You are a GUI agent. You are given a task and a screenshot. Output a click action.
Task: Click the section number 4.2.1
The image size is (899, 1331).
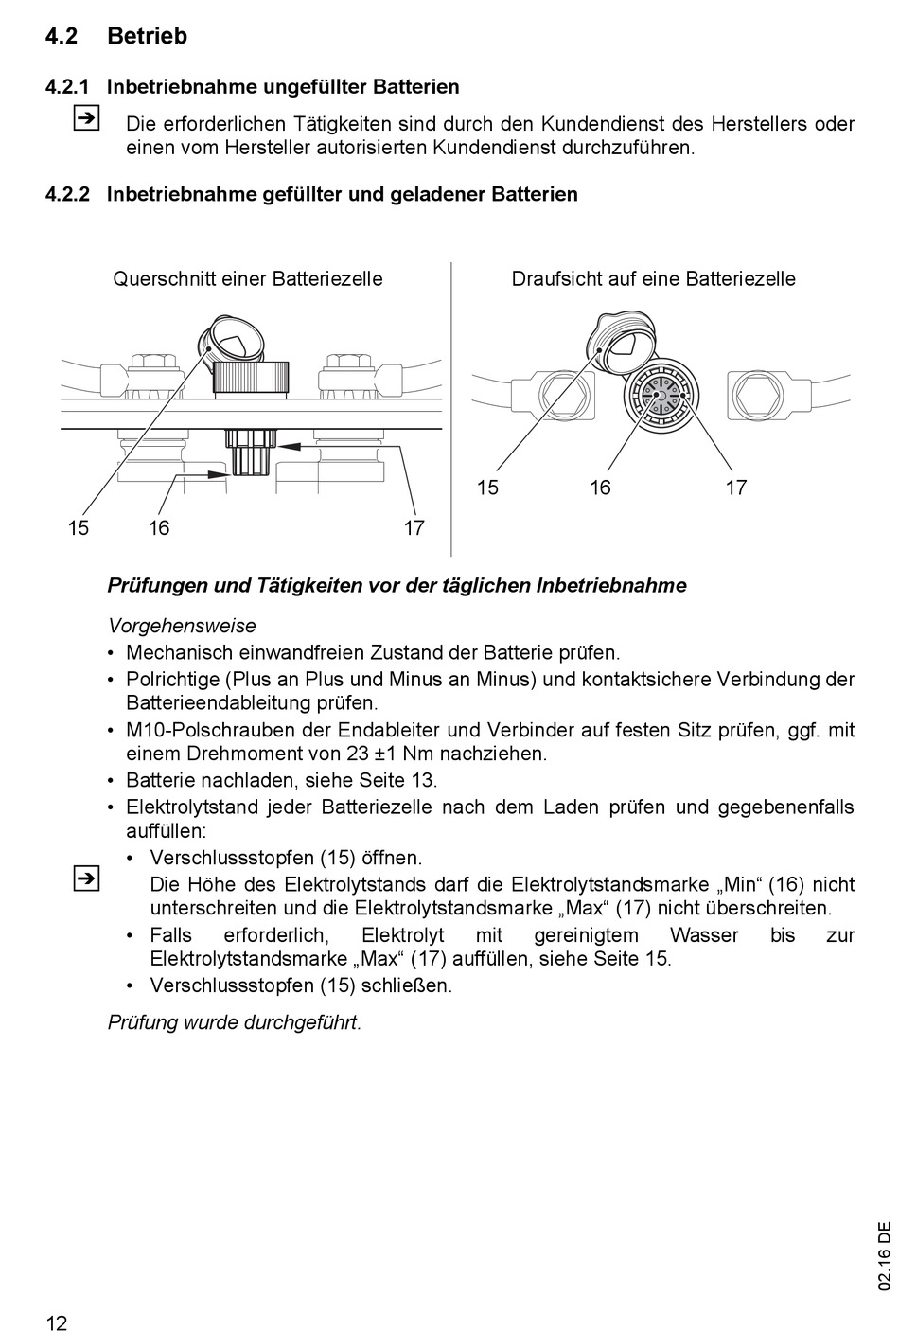click(x=67, y=87)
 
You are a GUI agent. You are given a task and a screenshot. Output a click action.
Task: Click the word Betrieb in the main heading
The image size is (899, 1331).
click(x=147, y=36)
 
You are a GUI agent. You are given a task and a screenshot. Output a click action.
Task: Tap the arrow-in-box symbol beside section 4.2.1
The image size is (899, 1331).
click(x=85, y=119)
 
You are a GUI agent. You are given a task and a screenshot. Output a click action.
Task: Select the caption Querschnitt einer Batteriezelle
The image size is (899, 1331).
click(x=248, y=278)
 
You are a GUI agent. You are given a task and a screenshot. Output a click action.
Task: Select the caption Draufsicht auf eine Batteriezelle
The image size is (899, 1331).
click(x=653, y=278)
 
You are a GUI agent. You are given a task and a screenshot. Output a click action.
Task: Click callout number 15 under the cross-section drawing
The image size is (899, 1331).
click(x=79, y=528)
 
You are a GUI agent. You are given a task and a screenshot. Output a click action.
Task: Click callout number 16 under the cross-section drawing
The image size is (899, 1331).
click(x=159, y=528)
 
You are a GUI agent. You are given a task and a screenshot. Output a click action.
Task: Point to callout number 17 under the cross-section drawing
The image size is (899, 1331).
click(x=414, y=528)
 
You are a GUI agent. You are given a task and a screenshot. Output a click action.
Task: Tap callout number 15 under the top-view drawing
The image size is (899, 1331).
click(x=487, y=488)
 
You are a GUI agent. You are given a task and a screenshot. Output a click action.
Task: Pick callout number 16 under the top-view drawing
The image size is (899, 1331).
click(x=600, y=488)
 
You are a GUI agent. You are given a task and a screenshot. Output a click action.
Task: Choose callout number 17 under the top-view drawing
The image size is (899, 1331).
click(x=736, y=488)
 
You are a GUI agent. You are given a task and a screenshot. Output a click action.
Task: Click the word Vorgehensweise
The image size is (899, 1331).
click(x=182, y=626)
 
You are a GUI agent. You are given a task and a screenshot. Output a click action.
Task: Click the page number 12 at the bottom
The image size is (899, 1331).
click(x=57, y=1322)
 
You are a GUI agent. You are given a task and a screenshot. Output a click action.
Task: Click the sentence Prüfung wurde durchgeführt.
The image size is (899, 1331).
click(x=235, y=1022)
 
